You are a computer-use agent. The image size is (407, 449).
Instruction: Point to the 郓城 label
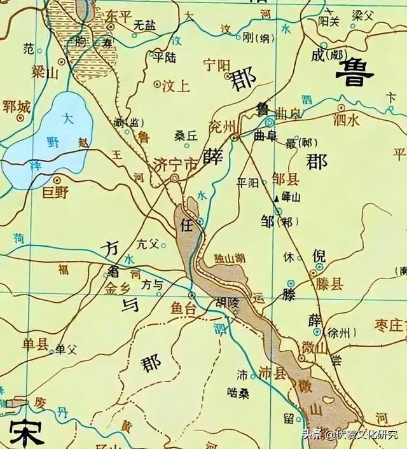click(x=17, y=107)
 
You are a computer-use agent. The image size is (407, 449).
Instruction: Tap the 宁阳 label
click(x=214, y=64)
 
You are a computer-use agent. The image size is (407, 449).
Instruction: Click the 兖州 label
click(x=222, y=124)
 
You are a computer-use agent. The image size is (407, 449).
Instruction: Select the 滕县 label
click(x=329, y=284)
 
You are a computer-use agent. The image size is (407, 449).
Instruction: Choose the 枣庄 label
click(x=390, y=325)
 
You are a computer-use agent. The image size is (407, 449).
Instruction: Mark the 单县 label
click(x=35, y=345)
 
